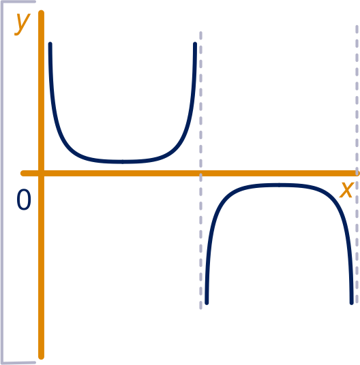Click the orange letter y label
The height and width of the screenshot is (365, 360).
(x=22, y=24)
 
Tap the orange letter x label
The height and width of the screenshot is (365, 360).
(x=347, y=190)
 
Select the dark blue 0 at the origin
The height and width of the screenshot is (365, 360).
(x=24, y=200)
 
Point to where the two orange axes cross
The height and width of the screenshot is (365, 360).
(x=41, y=173)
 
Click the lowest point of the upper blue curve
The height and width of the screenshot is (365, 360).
(x=123, y=161)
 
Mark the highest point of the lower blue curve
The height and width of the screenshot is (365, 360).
(x=279, y=185)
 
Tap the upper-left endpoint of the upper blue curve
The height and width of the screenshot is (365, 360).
(x=50, y=44)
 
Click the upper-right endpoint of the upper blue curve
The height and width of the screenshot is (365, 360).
(x=195, y=44)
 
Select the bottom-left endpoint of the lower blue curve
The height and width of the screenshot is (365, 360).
(x=207, y=302)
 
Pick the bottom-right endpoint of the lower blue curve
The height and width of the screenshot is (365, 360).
(x=352, y=302)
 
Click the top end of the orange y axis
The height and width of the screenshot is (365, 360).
(x=41, y=13)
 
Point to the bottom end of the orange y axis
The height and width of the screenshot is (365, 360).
(x=41, y=356)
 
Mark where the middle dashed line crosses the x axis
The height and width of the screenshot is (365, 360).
(x=201, y=173)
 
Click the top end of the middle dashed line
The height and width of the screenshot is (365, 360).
(x=201, y=32)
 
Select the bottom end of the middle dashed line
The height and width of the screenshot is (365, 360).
(x=201, y=308)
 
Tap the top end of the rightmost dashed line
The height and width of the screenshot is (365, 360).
(x=357, y=26)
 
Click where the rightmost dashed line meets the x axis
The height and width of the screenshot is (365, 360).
(x=357, y=173)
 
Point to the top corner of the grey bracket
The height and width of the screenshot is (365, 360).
(x=2, y=2)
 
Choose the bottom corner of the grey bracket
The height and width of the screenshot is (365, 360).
(x=2, y=363)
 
